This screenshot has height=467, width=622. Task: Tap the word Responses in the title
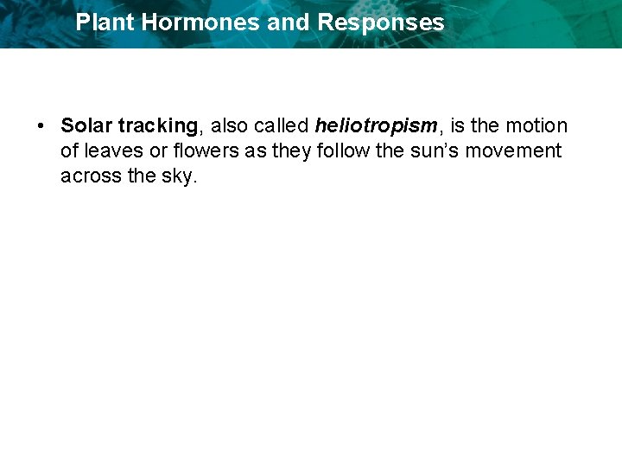381,22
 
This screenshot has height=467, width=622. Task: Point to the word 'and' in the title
289,22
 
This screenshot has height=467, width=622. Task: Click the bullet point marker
41,126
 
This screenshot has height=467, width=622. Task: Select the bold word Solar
86,126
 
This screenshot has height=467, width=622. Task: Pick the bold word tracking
158,126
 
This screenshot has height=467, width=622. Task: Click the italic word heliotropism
377,126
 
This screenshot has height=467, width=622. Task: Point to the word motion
536,126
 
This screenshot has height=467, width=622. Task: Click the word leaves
112,151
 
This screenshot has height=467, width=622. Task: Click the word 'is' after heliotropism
457,126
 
